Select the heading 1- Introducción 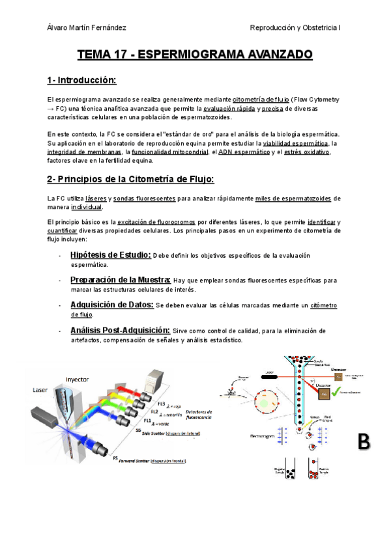coord(81,80)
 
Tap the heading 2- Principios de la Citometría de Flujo coord(130,178)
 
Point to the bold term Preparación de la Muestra coord(121,280)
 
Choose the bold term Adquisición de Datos coord(112,305)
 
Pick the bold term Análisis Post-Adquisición coord(120,329)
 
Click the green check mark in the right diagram coord(338,393)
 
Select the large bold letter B coord(364,441)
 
